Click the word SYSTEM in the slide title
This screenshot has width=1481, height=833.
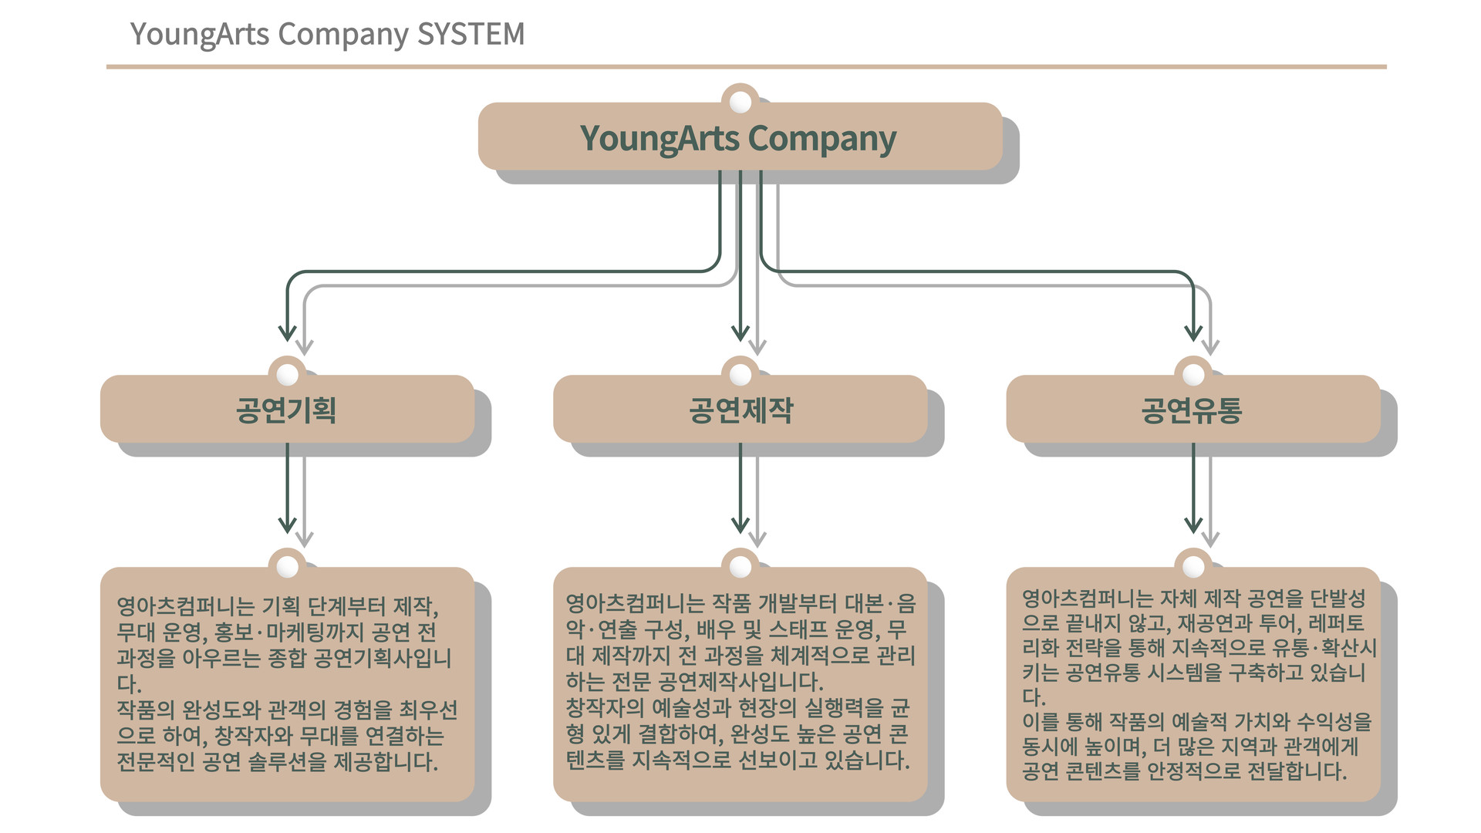point(471,34)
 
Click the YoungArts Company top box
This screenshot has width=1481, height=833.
point(738,138)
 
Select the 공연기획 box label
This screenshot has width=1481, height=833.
point(286,410)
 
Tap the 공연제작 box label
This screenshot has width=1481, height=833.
point(740,410)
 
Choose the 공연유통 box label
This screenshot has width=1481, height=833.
point(1192,410)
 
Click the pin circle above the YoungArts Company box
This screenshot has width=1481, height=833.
point(740,101)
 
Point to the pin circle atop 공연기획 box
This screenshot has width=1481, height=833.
point(288,374)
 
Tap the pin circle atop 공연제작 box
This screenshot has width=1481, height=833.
point(740,374)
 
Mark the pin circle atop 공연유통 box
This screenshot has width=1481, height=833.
point(1193,374)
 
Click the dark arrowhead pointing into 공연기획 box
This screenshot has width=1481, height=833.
point(287,333)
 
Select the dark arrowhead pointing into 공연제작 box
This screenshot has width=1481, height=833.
point(740,333)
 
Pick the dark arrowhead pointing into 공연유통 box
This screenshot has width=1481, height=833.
point(1193,333)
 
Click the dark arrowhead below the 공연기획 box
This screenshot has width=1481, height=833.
point(287,525)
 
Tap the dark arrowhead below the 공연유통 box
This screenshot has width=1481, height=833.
point(1193,525)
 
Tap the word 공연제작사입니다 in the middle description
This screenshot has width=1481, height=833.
point(740,682)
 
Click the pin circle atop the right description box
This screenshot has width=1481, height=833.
point(1193,567)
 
